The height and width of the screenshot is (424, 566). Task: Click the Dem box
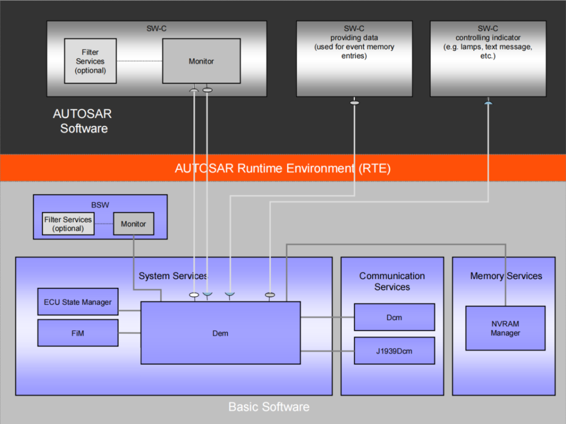[x=220, y=333]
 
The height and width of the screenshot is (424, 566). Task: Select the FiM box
[x=78, y=333]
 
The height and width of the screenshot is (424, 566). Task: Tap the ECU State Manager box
[x=78, y=302]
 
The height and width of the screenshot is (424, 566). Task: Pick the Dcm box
[x=394, y=317]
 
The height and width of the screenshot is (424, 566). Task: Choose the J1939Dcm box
[x=394, y=351]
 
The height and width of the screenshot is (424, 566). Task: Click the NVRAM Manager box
[x=505, y=329]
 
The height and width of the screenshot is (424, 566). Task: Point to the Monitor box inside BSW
[x=133, y=224]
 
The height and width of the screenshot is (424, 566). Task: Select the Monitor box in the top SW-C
[x=201, y=61]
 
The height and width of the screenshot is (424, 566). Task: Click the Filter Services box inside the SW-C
[x=90, y=61]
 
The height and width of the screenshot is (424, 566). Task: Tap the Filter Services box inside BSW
[x=68, y=224]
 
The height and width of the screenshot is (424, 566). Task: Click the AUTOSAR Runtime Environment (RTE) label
[x=282, y=168]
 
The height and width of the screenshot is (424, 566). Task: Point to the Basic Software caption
[x=269, y=407]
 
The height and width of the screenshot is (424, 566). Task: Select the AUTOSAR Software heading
[x=83, y=121]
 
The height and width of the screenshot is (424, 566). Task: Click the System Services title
[x=173, y=276]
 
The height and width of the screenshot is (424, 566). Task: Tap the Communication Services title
[x=392, y=281]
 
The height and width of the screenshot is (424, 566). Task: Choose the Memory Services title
[x=506, y=276]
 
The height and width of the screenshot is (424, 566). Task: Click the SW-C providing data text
[x=354, y=42]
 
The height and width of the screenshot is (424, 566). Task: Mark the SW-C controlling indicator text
[x=487, y=42]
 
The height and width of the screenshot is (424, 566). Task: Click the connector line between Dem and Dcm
[x=327, y=317]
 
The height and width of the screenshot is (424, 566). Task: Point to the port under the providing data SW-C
[x=354, y=102]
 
